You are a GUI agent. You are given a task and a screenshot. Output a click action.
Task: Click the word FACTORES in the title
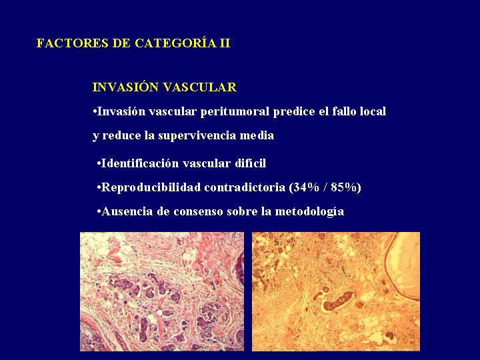(72, 43)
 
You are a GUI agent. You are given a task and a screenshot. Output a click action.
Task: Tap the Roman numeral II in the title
(225, 43)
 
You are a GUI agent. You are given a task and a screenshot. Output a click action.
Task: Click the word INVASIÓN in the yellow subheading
(125, 87)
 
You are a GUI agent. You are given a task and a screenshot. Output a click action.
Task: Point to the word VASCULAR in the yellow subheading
(200, 87)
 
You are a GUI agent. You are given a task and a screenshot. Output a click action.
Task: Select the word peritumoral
(235, 112)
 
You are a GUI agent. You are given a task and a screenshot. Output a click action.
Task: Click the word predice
(294, 112)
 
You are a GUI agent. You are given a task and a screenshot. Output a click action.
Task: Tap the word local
(373, 111)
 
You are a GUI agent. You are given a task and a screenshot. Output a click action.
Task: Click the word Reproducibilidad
(151, 187)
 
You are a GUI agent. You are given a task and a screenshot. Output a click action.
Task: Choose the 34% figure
(304, 187)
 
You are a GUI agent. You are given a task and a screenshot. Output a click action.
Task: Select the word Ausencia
(127, 211)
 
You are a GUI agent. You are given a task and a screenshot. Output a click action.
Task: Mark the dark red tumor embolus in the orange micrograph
(338, 300)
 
